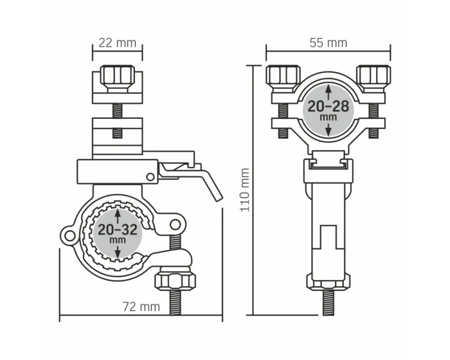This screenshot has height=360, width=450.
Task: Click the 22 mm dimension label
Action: click(118, 43)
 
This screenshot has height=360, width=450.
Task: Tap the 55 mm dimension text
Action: click(328, 43)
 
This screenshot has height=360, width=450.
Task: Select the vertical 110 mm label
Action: click(245, 190)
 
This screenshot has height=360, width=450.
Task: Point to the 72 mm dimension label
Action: click(141, 307)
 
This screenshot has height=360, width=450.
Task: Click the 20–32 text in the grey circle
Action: click(118, 230)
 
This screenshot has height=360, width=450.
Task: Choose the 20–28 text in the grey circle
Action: click(328, 107)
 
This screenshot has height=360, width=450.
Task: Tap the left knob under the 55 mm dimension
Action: click(283, 77)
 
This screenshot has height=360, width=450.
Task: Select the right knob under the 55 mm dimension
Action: click(373, 77)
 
